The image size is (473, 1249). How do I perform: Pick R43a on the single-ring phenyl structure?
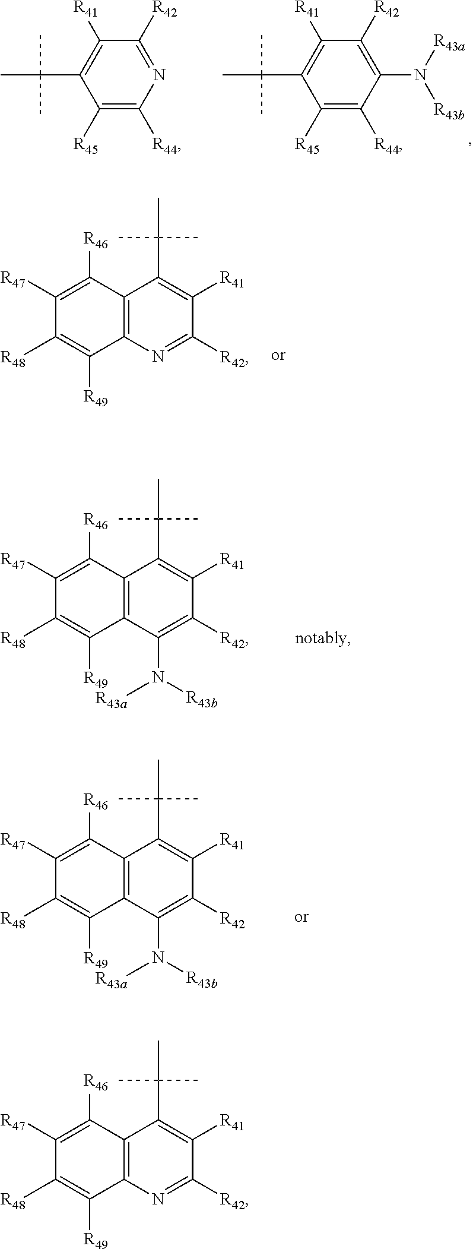pyautogui.click(x=449, y=42)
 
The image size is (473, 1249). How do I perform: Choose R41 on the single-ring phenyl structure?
pyautogui.click(x=307, y=10)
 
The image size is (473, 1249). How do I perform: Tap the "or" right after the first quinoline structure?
pyautogui.click(x=278, y=356)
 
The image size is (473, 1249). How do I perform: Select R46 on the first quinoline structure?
pyautogui.click(x=95, y=241)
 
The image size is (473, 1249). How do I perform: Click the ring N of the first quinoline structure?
pyautogui.click(x=157, y=356)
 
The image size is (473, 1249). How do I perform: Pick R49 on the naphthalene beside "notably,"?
pyautogui.click(x=95, y=678)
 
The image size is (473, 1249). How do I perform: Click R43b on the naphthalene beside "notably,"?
pyautogui.click(x=202, y=698)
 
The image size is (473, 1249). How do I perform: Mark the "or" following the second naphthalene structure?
pyautogui.click(x=301, y=917)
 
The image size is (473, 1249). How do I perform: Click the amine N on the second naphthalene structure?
pyautogui.click(x=157, y=956)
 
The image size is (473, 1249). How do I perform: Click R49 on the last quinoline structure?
pyautogui.click(x=95, y=1239)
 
